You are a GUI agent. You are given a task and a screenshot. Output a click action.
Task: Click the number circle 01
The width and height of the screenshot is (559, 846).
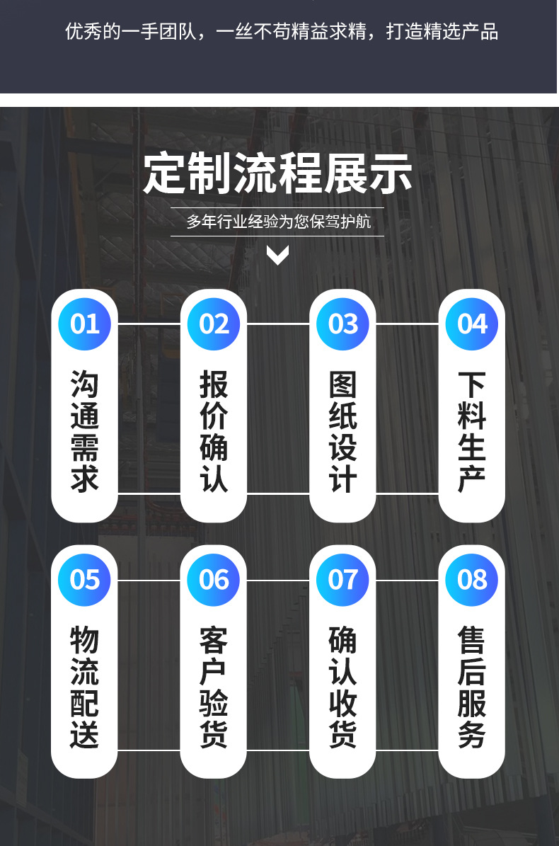click(85, 324)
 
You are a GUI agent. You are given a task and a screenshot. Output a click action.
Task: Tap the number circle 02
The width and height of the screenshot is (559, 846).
click(214, 324)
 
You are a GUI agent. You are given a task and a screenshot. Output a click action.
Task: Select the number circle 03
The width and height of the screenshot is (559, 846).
click(343, 324)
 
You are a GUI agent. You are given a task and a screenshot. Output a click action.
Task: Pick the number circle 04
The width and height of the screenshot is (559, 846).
click(472, 324)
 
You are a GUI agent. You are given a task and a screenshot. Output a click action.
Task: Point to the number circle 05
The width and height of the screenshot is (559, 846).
click(85, 580)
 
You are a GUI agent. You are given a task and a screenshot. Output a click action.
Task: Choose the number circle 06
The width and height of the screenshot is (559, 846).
click(214, 580)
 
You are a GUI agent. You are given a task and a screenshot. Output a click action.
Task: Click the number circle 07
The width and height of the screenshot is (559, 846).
click(343, 580)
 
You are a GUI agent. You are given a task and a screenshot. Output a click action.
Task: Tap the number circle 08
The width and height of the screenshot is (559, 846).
click(472, 580)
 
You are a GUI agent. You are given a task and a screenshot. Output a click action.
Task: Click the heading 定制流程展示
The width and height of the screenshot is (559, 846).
click(277, 173)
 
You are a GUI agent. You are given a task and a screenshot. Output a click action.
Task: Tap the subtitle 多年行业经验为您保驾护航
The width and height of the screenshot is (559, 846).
click(277, 222)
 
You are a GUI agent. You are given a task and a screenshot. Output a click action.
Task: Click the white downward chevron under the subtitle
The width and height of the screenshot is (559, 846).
click(277, 255)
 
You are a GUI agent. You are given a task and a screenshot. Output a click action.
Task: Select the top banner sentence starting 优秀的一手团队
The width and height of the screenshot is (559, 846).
click(282, 32)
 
